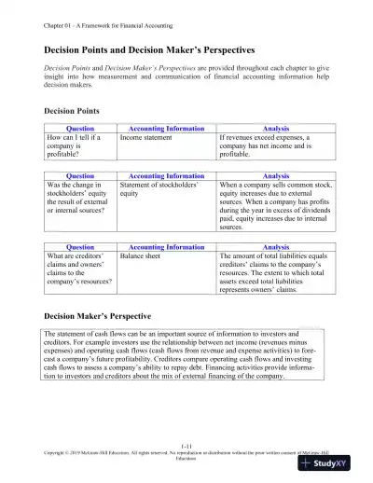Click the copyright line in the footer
(x=186, y=457)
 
